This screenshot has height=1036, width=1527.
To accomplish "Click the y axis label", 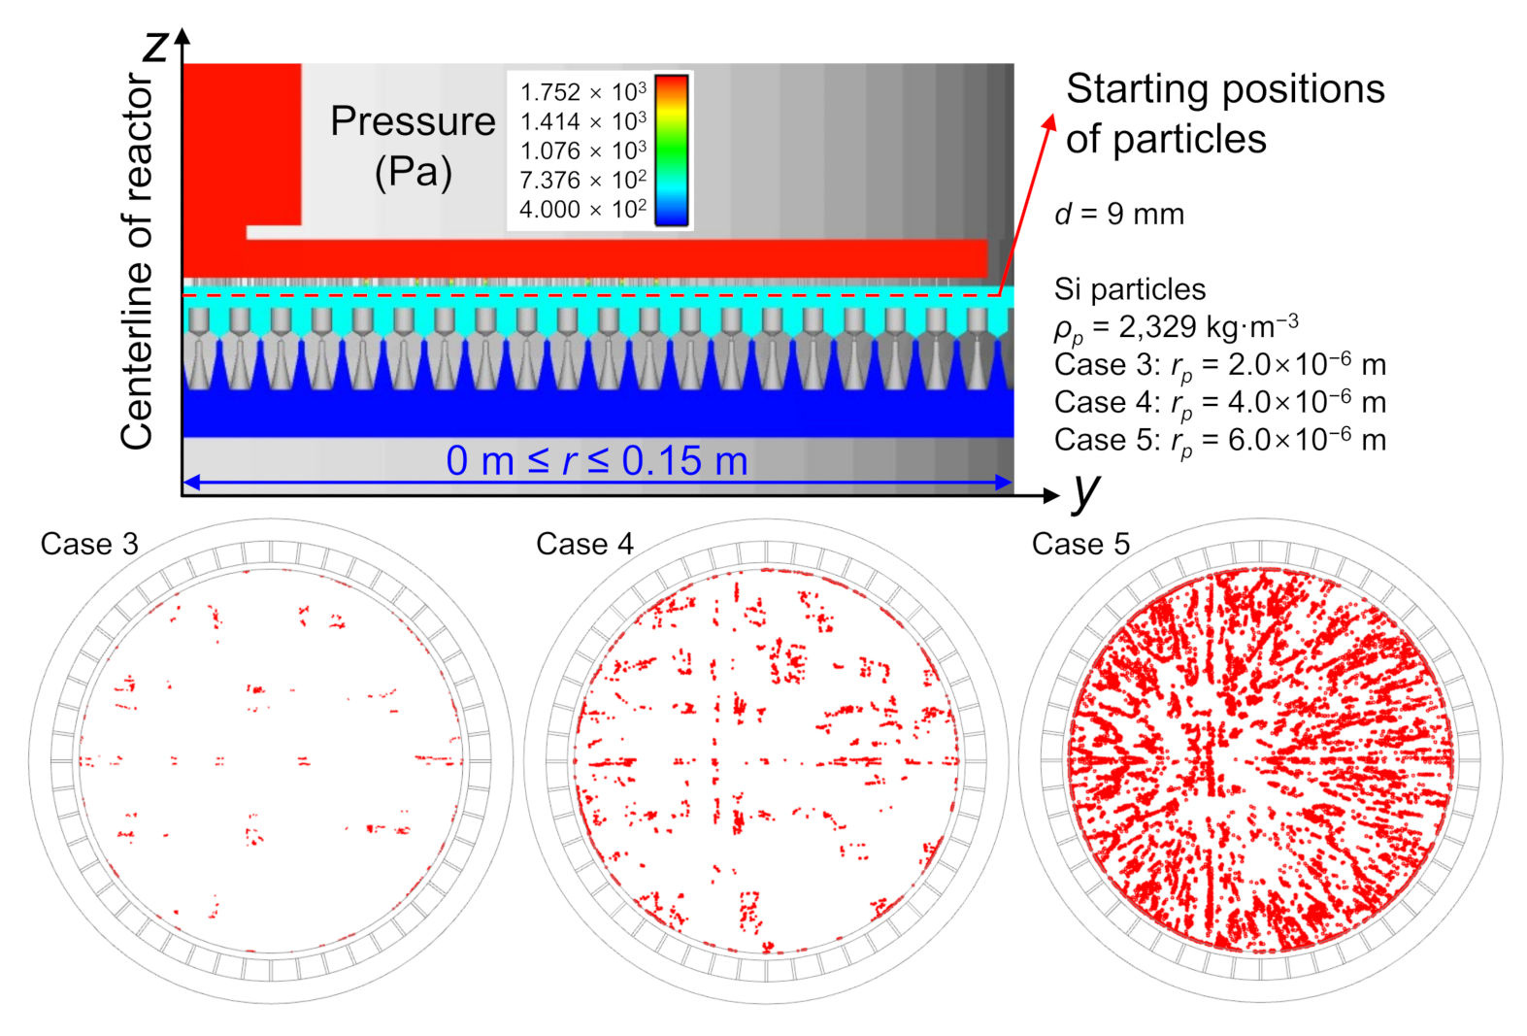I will point(1086,489).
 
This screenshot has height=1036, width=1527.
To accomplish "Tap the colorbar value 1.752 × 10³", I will point(582,92).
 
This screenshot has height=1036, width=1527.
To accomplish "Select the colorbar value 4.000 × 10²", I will point(582,210).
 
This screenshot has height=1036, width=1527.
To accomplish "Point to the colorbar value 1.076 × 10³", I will point(582,151).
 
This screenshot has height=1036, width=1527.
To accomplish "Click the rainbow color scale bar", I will point(672,150).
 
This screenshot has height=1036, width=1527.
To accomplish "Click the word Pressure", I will point(413,121).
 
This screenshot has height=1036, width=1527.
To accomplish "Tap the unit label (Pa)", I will point(414,172).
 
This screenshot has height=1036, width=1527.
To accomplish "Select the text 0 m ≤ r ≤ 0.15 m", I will point(597,460).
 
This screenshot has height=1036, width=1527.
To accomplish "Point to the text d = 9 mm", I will point(1118,214).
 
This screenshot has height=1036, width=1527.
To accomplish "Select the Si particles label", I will point(1129,288).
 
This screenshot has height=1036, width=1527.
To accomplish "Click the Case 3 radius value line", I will point(1219,365).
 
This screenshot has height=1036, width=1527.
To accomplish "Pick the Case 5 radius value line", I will point(1219,441).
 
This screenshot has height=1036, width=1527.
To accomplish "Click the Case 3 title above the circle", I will point(89,544).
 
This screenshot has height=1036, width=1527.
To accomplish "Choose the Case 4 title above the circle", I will point(584,544).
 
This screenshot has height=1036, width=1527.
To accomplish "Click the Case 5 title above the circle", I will point(1080,544).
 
